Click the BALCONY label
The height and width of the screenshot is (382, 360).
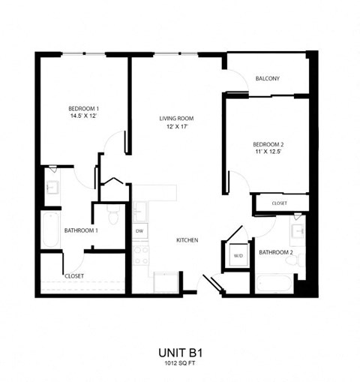coord(267,78)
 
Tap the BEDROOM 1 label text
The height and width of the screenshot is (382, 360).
coord(84,108)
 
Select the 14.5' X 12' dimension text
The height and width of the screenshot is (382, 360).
coord(84,116)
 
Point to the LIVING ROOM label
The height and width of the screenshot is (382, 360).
coord(177,119)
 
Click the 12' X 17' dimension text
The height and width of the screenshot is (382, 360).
coord(177,127)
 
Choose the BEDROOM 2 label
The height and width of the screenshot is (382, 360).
coord(268,144)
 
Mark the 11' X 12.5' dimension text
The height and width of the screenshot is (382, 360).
coord(268,152)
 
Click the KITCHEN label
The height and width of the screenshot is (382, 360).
coord(187,240)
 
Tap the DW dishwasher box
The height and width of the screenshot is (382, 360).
coord(139,231)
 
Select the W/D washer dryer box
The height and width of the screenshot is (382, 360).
coord(238,256)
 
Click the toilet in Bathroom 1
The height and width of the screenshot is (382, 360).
coord(113,217)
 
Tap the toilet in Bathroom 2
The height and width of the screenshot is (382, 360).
coord(301,260)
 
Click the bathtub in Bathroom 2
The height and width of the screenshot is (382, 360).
coord(274,284)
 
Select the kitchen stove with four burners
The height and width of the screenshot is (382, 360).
coord(140,255)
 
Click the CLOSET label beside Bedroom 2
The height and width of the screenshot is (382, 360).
coord(279,203)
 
